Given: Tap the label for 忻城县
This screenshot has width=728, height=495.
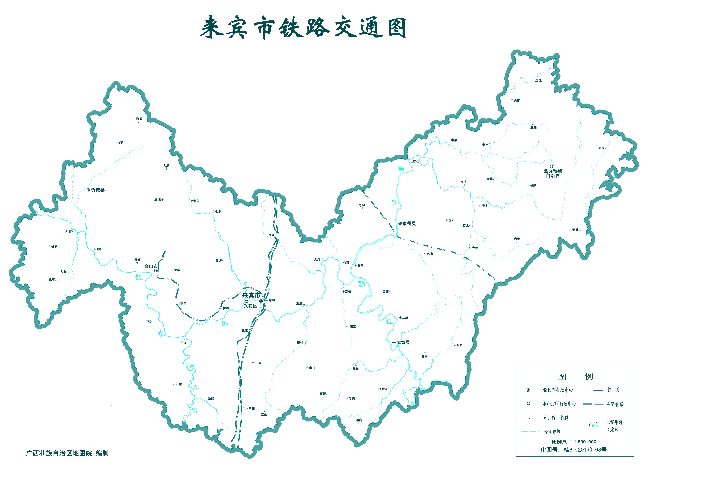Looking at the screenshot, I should coord(98,190).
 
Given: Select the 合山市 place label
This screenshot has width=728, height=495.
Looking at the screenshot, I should coord(151,266).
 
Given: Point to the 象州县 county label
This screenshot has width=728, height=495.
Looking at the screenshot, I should coord(409,224).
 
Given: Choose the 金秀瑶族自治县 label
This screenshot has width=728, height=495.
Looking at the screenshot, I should coord(553,173).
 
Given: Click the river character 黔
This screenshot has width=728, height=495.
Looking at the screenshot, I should coord(362,284).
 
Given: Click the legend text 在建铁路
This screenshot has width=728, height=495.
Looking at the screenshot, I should coord(615,404).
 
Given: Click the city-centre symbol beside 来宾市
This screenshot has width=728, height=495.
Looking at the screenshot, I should coord(261,301).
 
